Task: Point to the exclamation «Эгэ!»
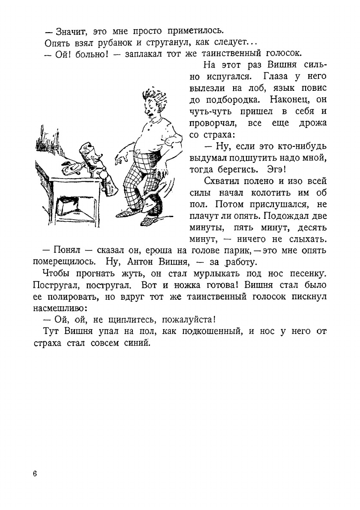(x=269, y=169)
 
